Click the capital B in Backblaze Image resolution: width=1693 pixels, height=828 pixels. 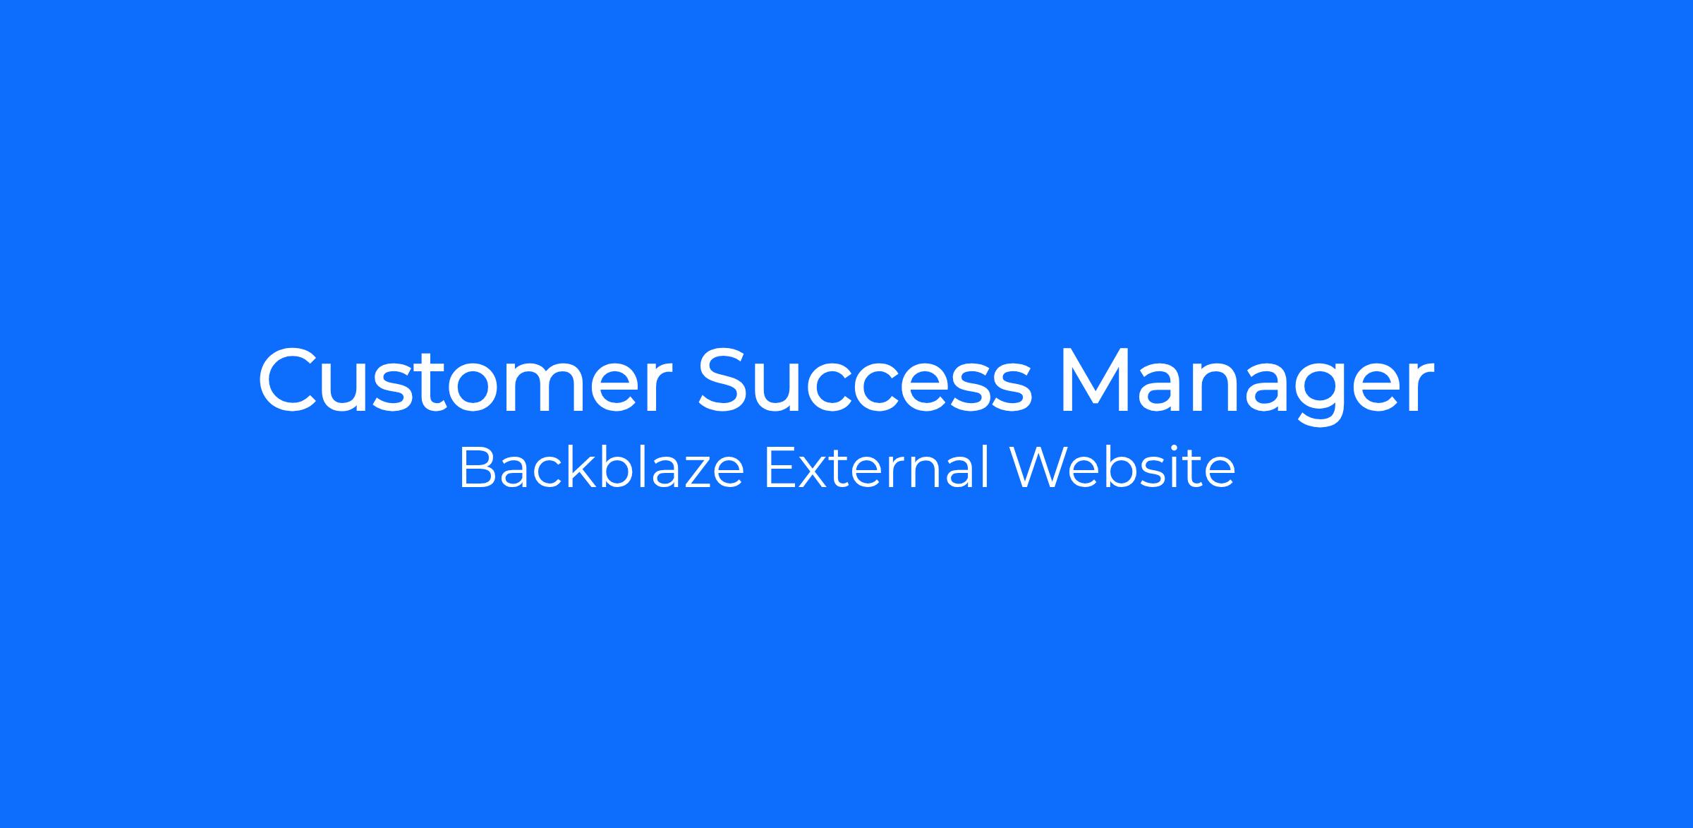click(x=477, y=468)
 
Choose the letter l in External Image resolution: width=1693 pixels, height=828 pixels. click(x=988, y=467)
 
